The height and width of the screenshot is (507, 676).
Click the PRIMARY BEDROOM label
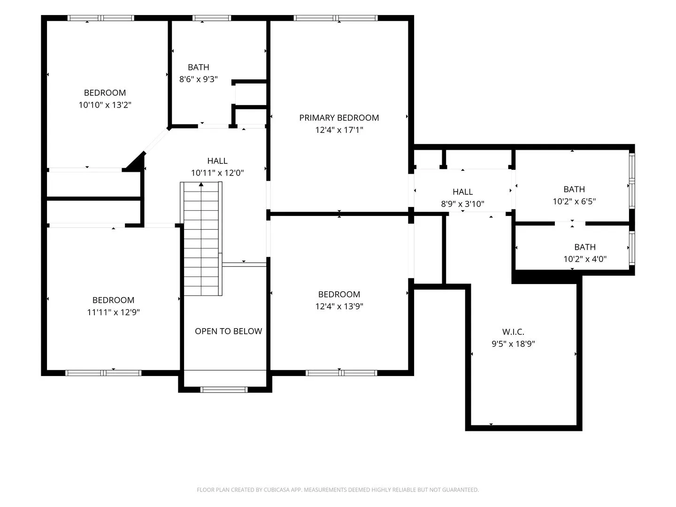pos(339,117)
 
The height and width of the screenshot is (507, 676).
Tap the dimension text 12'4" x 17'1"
pos(339,130)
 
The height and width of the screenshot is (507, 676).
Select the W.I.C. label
pos(513,331)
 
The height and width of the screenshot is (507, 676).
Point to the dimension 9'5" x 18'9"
pos(513,344)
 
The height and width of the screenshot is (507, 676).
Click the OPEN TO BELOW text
pos(228,331)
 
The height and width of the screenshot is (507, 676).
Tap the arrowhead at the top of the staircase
pos(201,184)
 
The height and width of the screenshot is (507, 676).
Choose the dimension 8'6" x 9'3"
pos(198,79)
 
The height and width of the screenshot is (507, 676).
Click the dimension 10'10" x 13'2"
pos(105,105)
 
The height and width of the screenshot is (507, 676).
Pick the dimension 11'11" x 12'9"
pos(113,312)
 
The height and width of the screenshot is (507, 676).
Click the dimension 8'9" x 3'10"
pos(462,203)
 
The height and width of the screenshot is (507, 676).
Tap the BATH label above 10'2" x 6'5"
pos(574,189)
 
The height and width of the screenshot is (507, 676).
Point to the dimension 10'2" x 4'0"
pos(584,259)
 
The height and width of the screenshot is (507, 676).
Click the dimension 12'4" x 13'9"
pos(339,306)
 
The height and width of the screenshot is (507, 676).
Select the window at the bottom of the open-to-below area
pos(224,390)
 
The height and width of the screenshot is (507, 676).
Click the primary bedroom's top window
pos(335,18)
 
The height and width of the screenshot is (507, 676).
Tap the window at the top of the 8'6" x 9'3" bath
pos(212,18)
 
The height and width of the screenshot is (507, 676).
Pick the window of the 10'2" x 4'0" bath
pos(632,248)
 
